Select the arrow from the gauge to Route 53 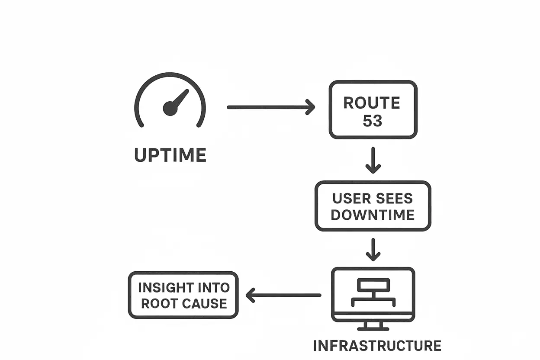[x=270, y=107]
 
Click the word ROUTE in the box [x=372, y=103]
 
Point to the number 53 [x=373, y=121]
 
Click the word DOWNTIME [x=373, y=215]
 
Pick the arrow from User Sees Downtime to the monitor [x=373, y=250]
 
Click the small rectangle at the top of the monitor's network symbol [x=373, y=285]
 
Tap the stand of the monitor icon [x=373, y=326]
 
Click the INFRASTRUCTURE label [x=377, y=346]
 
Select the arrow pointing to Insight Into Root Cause [x=283, y=296]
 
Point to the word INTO [x=213, y=288]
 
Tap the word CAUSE [x=205, y=303]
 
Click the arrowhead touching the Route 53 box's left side [x=311, y=107]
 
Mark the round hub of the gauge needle [x=170, y=108]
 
